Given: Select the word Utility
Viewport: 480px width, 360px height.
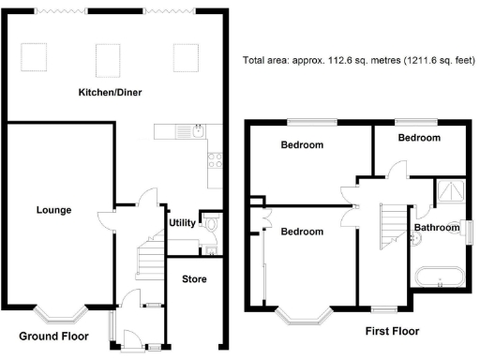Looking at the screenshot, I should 182,222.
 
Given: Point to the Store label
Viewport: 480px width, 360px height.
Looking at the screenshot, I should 194,278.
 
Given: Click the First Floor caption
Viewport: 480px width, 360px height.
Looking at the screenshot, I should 391,331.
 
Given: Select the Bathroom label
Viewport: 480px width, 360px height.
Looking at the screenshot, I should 437,228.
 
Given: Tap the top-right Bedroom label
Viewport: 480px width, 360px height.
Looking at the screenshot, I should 418,138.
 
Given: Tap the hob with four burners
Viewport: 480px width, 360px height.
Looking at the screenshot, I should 214,159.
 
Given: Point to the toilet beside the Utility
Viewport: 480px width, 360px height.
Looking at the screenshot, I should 212,225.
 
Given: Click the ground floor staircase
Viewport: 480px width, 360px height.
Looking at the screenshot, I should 148,258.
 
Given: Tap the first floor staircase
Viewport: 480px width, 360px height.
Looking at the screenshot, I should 390,221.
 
